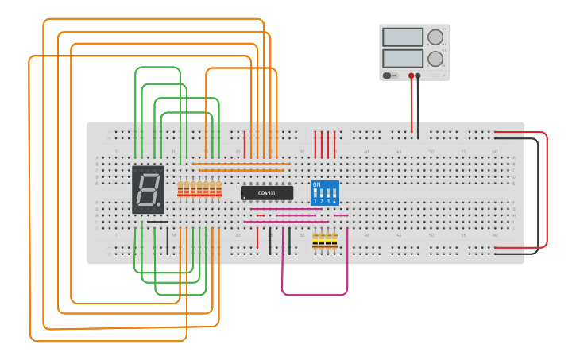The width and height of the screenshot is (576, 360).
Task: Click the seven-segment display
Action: point(148,190)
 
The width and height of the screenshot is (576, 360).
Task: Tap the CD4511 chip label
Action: point(267,193)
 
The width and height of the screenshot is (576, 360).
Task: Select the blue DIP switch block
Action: point(324,193)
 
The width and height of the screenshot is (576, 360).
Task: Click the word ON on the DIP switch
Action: point(317,185)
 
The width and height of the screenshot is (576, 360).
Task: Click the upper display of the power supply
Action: point(403,37)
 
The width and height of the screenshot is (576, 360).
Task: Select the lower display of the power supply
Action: point(403,58)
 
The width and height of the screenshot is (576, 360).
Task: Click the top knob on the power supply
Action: point(435,37)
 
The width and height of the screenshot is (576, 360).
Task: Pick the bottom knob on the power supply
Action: point(435,59)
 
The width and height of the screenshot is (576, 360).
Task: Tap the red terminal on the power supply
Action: point(412,76)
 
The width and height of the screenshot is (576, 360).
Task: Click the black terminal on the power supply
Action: point(419,76)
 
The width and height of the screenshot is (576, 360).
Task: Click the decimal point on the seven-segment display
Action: point(159,205)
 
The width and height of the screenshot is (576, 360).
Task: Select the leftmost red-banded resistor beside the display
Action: point(180,189)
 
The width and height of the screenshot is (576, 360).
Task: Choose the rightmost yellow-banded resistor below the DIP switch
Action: point(334,241)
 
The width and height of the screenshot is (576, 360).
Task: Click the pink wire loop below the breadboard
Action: point(315,294)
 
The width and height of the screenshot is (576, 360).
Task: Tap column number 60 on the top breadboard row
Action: point(495,151)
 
